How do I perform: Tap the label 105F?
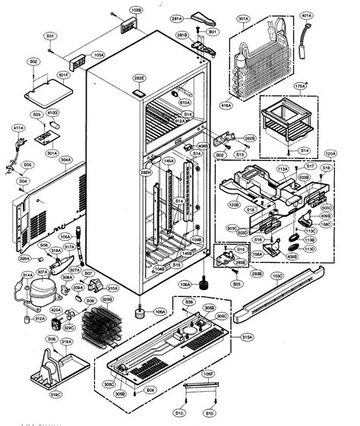[207, 374]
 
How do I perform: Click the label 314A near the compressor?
[27, 274]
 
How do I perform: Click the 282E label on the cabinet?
[140, 77]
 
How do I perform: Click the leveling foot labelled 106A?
[140, 311]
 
